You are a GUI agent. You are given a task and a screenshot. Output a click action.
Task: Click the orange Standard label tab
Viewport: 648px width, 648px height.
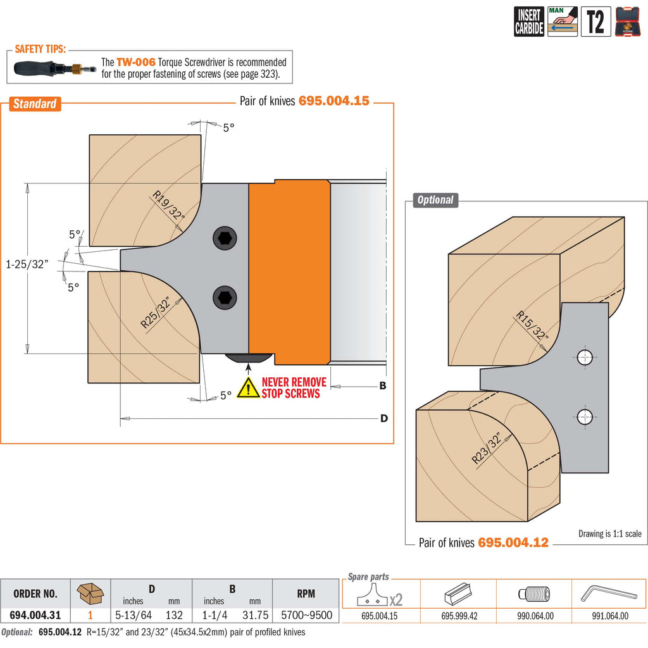35,104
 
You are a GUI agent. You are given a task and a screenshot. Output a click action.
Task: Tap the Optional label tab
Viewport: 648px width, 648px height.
435,200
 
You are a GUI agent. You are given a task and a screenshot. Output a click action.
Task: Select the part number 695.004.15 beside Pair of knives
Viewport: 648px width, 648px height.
333,101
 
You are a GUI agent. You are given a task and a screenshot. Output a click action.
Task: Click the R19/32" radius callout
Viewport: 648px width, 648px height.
168,206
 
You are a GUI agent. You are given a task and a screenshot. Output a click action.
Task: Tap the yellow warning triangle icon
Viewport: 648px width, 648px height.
248,388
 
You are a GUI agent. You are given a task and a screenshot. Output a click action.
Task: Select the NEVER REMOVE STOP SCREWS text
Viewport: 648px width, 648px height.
294,388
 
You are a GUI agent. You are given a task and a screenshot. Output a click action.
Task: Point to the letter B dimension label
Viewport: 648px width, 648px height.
382,385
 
